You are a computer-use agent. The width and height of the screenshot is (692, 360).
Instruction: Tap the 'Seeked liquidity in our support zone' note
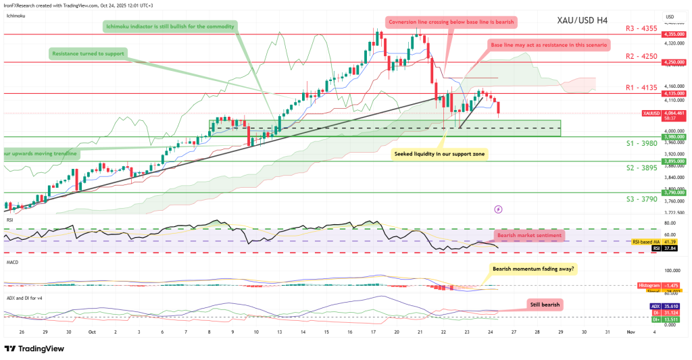(441, 154)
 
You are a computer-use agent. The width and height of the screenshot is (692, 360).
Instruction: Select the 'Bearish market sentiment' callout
(528, 235)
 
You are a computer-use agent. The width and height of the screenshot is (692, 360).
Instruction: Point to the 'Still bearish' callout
(543, 305)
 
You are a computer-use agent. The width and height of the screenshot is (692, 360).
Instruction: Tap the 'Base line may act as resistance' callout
(549, 45)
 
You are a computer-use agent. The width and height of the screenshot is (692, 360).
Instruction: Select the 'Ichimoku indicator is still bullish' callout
(170, 26)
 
